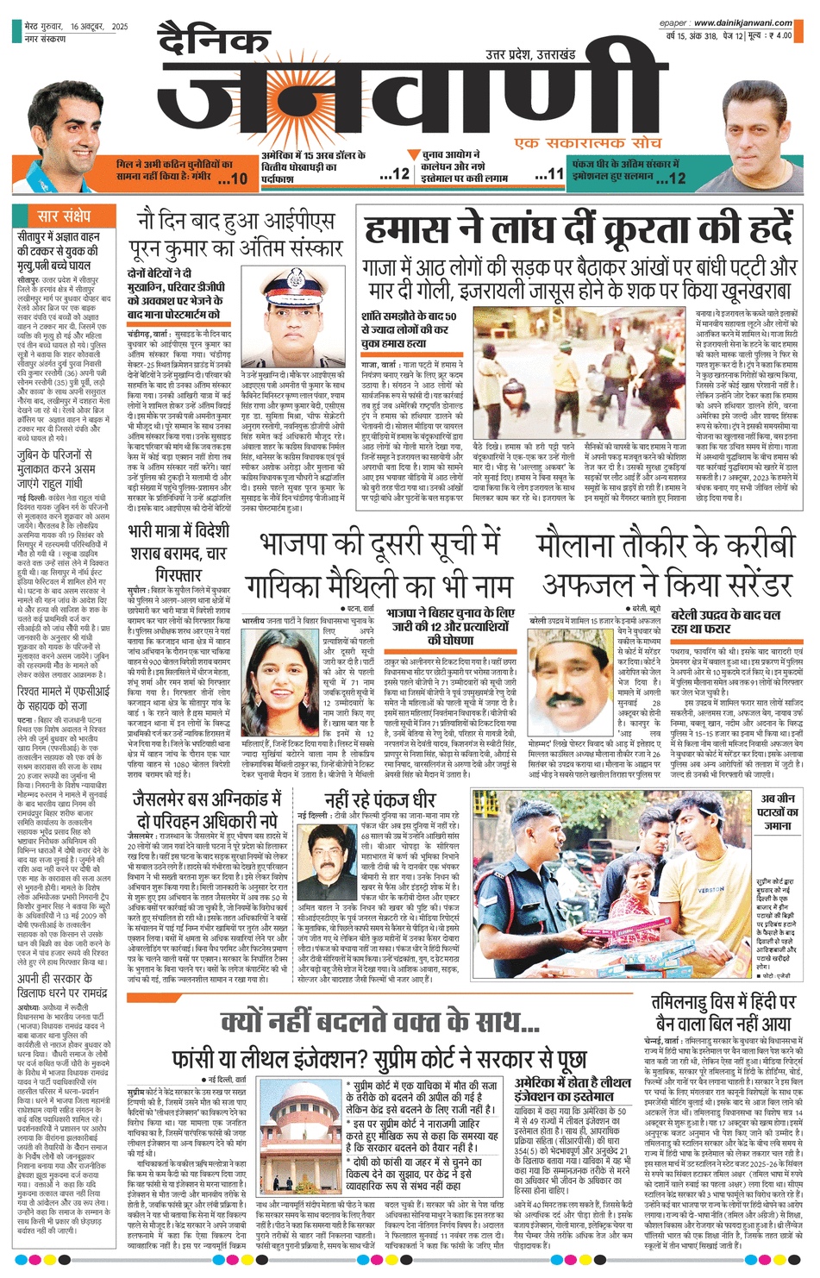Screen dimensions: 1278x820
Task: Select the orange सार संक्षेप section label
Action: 63,216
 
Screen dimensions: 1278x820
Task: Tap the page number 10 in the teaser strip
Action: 238,178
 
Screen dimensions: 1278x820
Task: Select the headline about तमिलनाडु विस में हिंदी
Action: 723,1013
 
